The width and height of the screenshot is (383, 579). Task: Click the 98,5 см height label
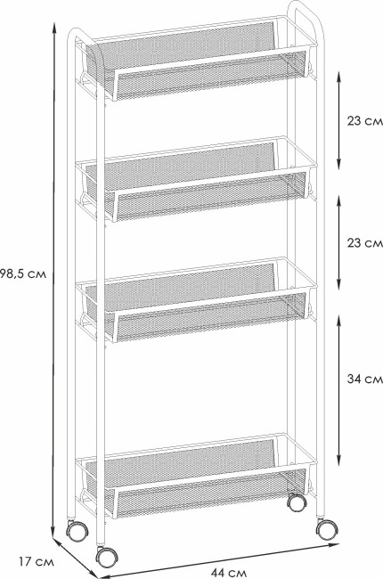(x=23, y=274)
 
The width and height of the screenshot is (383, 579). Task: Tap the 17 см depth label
(x=37, y=562)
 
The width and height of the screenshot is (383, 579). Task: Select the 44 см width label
(x=229, y=573)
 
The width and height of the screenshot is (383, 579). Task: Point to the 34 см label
(x=364, y=379)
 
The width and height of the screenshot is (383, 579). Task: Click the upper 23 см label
(x=364, y=121)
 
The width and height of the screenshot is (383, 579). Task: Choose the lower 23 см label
(x=364, y=243)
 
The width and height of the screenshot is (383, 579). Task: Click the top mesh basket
(x=196, y=58)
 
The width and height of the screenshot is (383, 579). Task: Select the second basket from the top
(x=196, y=179)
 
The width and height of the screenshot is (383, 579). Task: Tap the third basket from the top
(x=196, y=300)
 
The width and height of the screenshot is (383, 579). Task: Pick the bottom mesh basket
(x=196, y=477)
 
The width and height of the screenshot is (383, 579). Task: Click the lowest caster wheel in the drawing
(x=106, y=557)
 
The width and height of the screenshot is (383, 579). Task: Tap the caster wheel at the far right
(x=327, y=529)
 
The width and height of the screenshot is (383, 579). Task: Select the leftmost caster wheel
(x=77, y=531)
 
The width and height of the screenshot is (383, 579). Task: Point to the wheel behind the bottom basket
(x=297, y=502)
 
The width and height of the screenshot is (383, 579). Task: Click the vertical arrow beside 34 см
(x=339, y=390)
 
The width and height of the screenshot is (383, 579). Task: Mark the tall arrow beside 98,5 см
(x=54, y=281)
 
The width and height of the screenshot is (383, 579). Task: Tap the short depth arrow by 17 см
(x=75, y=559)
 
